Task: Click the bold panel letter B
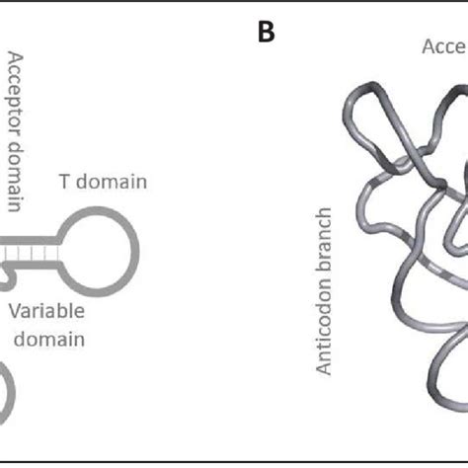(x=265, y=33)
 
